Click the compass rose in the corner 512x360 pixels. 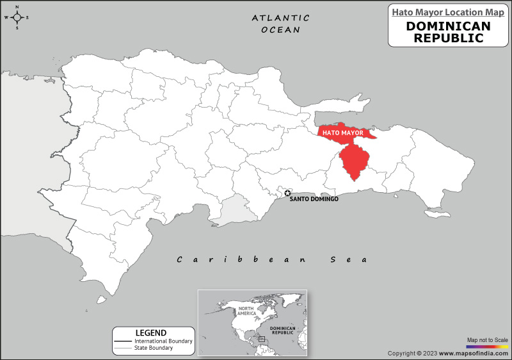pos(17,17)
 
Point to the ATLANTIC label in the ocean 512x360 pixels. pos(280,18)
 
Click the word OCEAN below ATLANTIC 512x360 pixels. pos(280,29)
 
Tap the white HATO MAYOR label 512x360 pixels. pos(342,133)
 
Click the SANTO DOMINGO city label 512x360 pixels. pos(314,199)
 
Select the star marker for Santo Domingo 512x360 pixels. pos(287,193)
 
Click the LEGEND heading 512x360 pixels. pos(151,332)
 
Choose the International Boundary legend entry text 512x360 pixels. pos(163,341)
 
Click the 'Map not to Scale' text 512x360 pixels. pos(487,340)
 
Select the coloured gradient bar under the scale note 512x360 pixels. pos(487,346)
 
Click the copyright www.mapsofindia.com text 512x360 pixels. pos(448,354)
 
